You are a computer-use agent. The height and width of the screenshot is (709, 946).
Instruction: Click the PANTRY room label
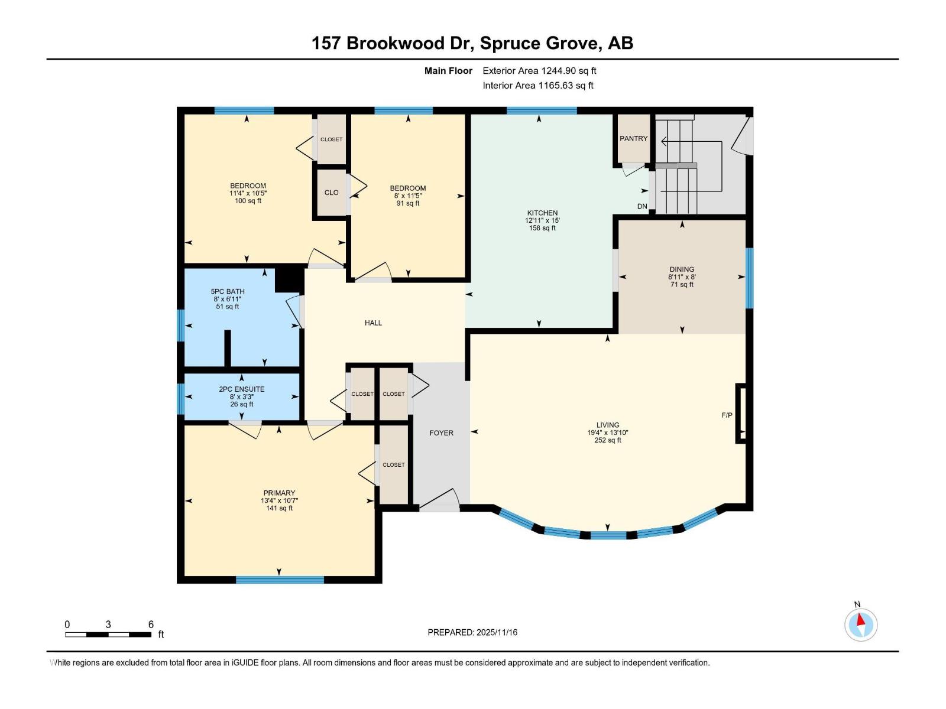tap(633, 138)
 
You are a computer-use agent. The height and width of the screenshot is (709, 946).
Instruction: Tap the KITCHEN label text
tap(542, 213)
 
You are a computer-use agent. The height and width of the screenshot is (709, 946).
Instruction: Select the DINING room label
tap(682, 269)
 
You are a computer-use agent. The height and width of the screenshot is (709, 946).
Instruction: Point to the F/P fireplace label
tap(727, 415)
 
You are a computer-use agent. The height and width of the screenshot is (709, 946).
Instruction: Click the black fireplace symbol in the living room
tap(741, 413)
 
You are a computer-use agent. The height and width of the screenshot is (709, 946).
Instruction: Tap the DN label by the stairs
tap(642, 206)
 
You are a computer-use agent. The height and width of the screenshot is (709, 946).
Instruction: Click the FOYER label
tap(441, 433)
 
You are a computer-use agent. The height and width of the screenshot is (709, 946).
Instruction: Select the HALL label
tap(373, 323)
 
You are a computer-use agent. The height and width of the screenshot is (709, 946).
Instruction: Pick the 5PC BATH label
tap(228, 291)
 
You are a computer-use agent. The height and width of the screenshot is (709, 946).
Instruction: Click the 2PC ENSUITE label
tap(241, 389)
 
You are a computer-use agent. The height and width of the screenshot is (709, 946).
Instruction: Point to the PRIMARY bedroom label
tap(279, 493)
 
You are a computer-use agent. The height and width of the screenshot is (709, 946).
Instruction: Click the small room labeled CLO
tap(331, 193)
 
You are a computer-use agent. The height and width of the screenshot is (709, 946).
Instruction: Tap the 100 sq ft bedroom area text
tap(248, 201)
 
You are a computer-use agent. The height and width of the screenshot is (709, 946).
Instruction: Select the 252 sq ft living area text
tap(607, 440)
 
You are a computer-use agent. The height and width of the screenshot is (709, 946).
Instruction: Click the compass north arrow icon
tap(861, 624)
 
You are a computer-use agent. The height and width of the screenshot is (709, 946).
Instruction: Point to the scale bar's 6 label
tap(151, 625)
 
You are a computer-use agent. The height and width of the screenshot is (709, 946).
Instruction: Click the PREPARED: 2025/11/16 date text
tap(472, 632)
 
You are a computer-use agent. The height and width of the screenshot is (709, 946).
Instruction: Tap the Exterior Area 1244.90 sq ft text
tap(539, 70)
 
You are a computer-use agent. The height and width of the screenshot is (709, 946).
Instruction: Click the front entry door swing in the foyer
tap(440, 501)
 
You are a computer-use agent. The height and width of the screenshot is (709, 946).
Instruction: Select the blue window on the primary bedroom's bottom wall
tap(280, 580)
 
